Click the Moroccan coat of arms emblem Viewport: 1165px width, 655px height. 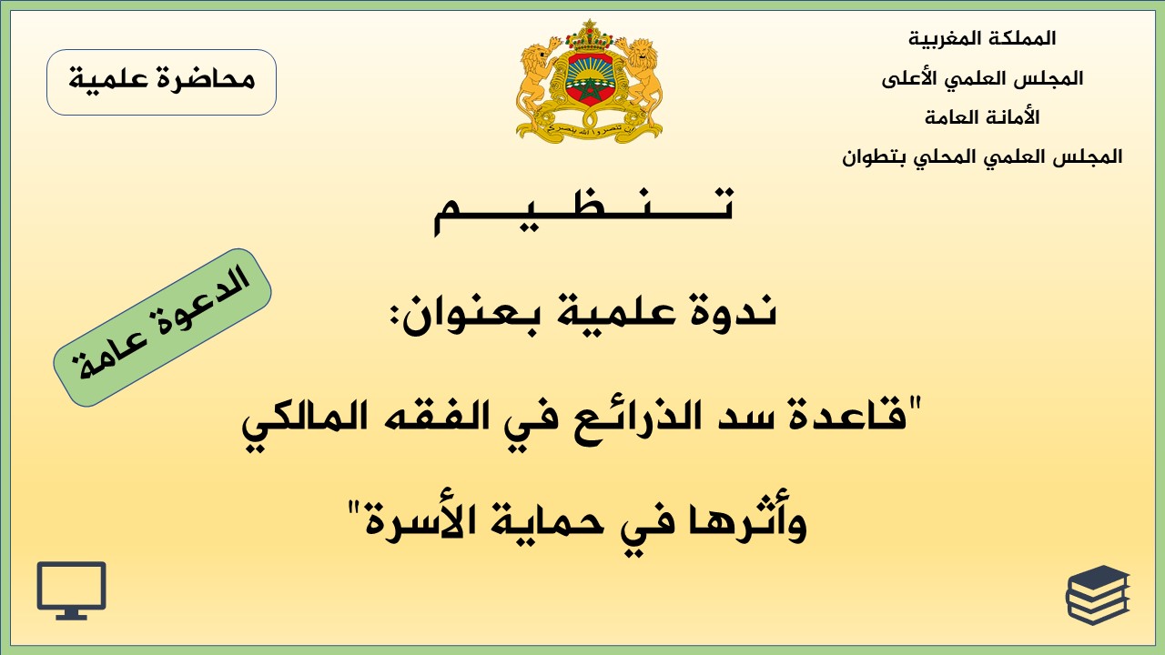[x=589, y=82]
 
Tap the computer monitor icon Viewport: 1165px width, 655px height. [x=71, y=590]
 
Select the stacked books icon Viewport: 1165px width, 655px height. [x=1097, y=594]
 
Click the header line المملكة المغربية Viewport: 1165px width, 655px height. [x=982, y=39]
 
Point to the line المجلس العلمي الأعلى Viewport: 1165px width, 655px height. [x=982, y=79]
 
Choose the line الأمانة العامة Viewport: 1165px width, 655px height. [x=982, y=117]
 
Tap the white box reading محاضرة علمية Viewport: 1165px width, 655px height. [x=161, y=82]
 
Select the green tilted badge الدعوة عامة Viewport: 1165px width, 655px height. [x=162, y=327]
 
